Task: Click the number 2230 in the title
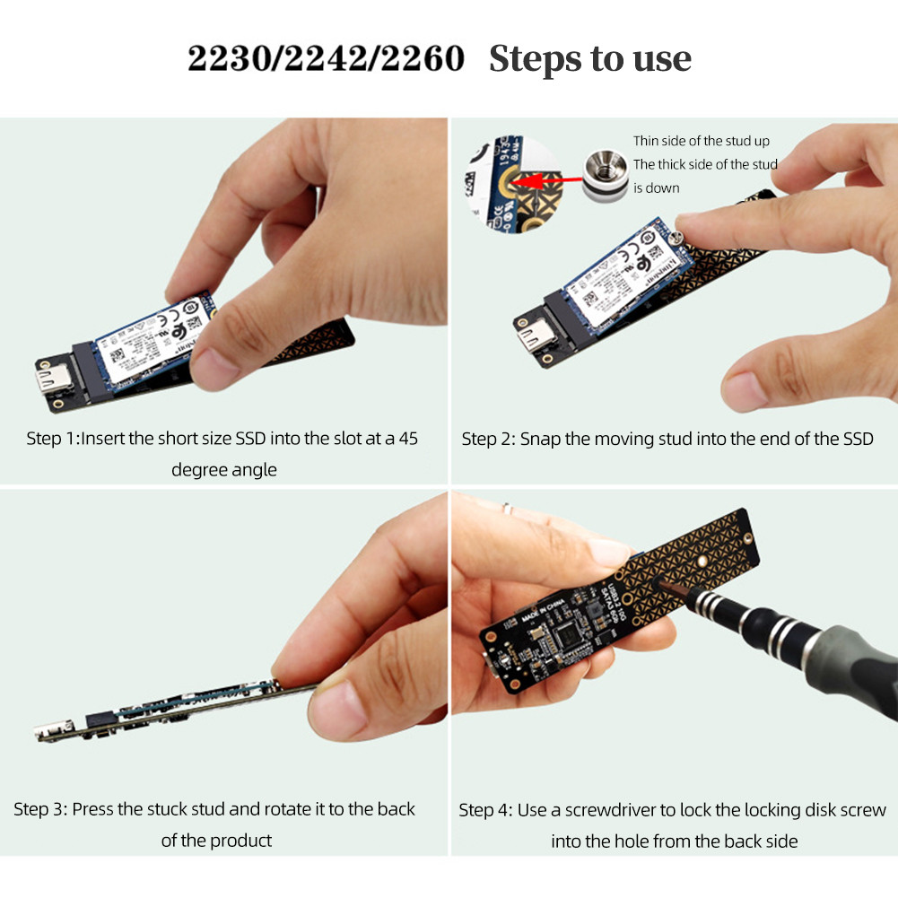click(228, 59)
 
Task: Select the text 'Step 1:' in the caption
click(53, 439)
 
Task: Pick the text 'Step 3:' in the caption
click(40, 809)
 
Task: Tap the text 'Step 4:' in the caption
click(485, 810)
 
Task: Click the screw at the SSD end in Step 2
click(679, 236)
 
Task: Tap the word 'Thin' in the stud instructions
click(646, 141)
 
